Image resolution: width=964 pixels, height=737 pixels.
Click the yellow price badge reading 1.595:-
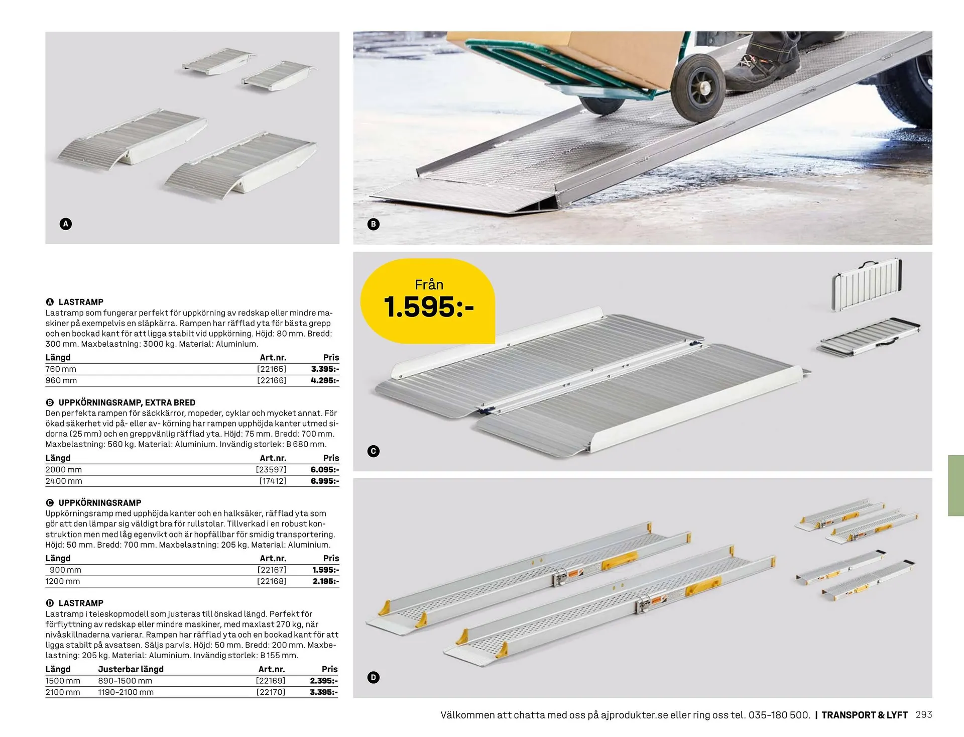pyautogui.click(x=428, y=301)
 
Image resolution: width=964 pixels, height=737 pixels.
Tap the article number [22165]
pyautogui.click(x=272, y=369)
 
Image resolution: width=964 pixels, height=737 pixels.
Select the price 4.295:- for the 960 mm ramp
pyautogui.click(x=325, y=380)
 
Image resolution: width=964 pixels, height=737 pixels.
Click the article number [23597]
pyautogui.click(x=271, y=470)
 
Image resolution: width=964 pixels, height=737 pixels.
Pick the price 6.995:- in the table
pyautogui.click(x=325, y=481)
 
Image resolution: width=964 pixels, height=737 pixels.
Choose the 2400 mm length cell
pyautogui.click(x=64, y=481)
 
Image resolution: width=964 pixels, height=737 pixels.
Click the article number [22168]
pyautogui.click(x=272, y=581)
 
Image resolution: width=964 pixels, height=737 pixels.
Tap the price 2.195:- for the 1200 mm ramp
pyautogui.click(x=326, y=581)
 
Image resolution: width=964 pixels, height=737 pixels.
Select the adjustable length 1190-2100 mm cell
pyautogui.click(x=126, y=692)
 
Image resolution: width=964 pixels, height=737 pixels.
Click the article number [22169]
pyautogui.click(x=271, y=681)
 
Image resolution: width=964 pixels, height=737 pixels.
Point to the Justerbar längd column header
pyautogui.click(x=131, y=669)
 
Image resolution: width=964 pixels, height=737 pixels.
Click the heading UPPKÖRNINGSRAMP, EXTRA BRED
pyautogui.click(x=127, y=402)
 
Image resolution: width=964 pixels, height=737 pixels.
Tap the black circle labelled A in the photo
pyautogui.click(x=66, y=224)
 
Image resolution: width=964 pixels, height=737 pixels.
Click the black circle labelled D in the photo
pyautogui.click(x=373, y=678)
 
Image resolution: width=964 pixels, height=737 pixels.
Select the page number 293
pyautogui.click(x=924, y=714)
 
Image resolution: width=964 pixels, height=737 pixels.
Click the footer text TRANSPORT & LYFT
pyautogui.click(x=865, y=715)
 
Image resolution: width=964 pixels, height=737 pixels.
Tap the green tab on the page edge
pyautogui.click(x=956, y=485)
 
